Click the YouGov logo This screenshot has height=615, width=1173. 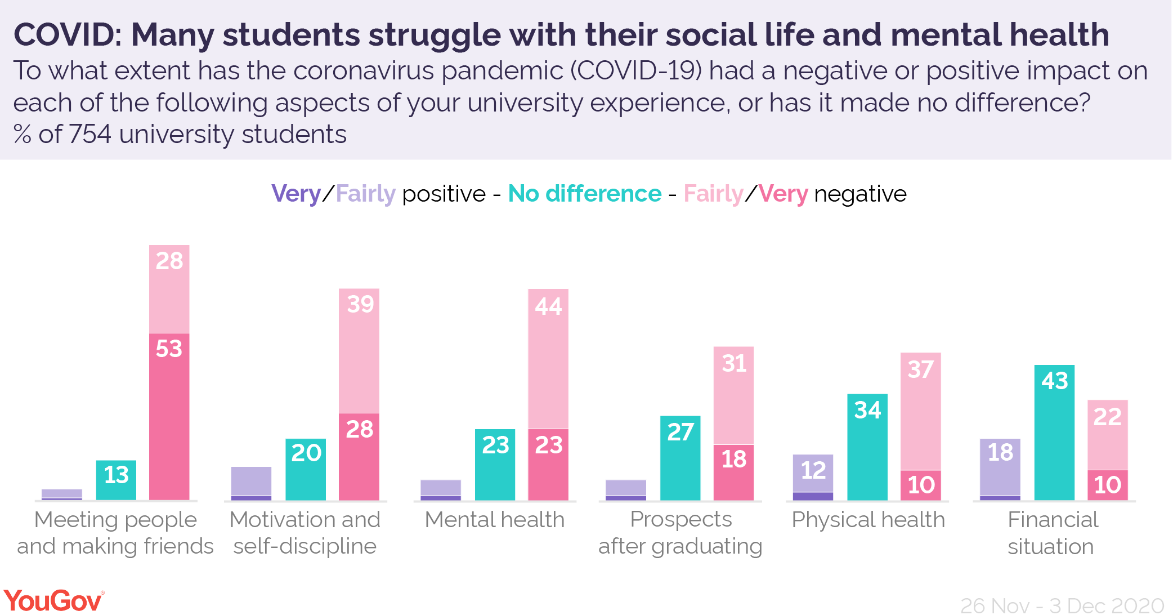click(x=53, y=600)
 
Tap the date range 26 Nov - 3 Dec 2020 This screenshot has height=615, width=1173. click(x=1062, y=605)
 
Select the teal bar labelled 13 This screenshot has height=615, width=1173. click(x=116, y=480)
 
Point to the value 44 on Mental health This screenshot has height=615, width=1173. click(x=548, y=307)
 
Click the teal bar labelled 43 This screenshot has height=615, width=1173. click(x=1054, y=432)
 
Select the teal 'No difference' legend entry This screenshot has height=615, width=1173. click(x=584, y=194)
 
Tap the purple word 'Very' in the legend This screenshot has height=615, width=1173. click(x=296, y=194)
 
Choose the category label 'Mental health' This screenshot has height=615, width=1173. click(x=494, y=519)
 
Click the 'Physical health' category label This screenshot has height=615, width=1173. click(x=868, y=519)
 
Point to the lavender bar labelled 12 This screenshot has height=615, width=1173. click(x=813, y=473)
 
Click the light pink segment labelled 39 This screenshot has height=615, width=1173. click(x=359, y=350)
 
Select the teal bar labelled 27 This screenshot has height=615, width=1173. click(x=680, y=457)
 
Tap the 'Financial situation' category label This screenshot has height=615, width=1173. click(x=1051, y=533)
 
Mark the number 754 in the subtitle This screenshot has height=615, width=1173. click(x=90, y=135)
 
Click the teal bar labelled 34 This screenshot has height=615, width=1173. click(x=867, y=446)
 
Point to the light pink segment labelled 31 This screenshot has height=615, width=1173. click(x=733, y=395)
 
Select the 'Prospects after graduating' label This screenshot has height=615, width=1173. click(x=680, y=533)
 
